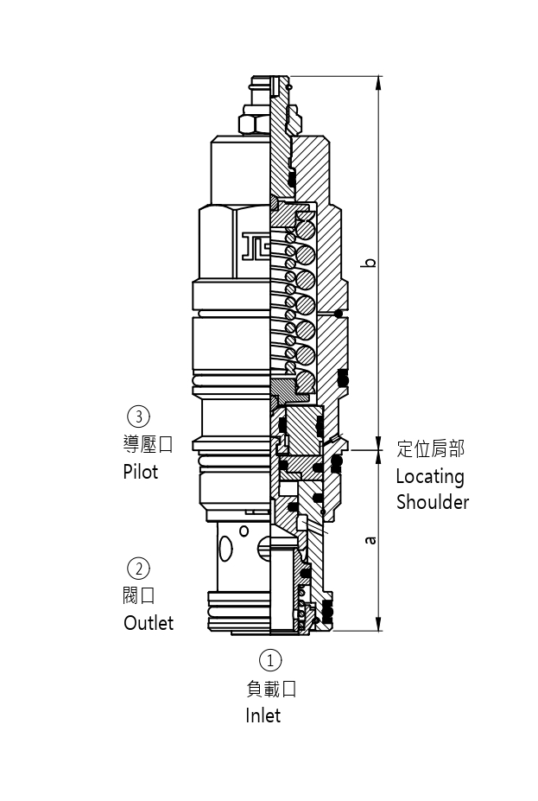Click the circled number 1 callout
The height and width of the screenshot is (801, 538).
[270, 661]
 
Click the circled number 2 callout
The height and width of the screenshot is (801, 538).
[138, 569]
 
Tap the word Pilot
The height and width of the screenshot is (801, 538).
[141, 472]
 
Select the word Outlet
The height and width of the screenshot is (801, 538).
[149, 623]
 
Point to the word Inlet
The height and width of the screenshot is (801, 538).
[263, 715]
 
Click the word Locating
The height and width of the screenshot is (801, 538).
[430, 476]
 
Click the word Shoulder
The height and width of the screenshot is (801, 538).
[433, 502]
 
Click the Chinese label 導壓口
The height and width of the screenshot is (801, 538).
[149, 444]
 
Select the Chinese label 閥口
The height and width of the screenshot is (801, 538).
[139, 595]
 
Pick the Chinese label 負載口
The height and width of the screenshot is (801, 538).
[270, 689]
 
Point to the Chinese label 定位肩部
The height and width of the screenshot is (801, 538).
[430, 448]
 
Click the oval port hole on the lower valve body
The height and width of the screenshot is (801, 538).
[225, 548]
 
